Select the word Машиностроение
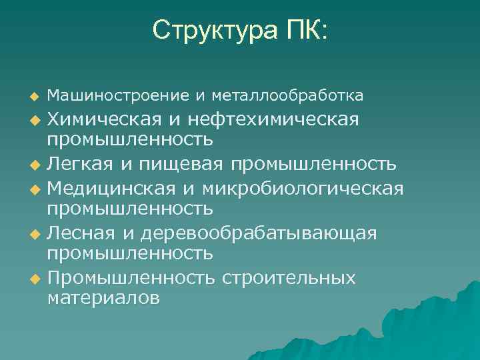pos(119,96)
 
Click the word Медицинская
pos(113,188)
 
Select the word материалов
pos(103,298)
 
